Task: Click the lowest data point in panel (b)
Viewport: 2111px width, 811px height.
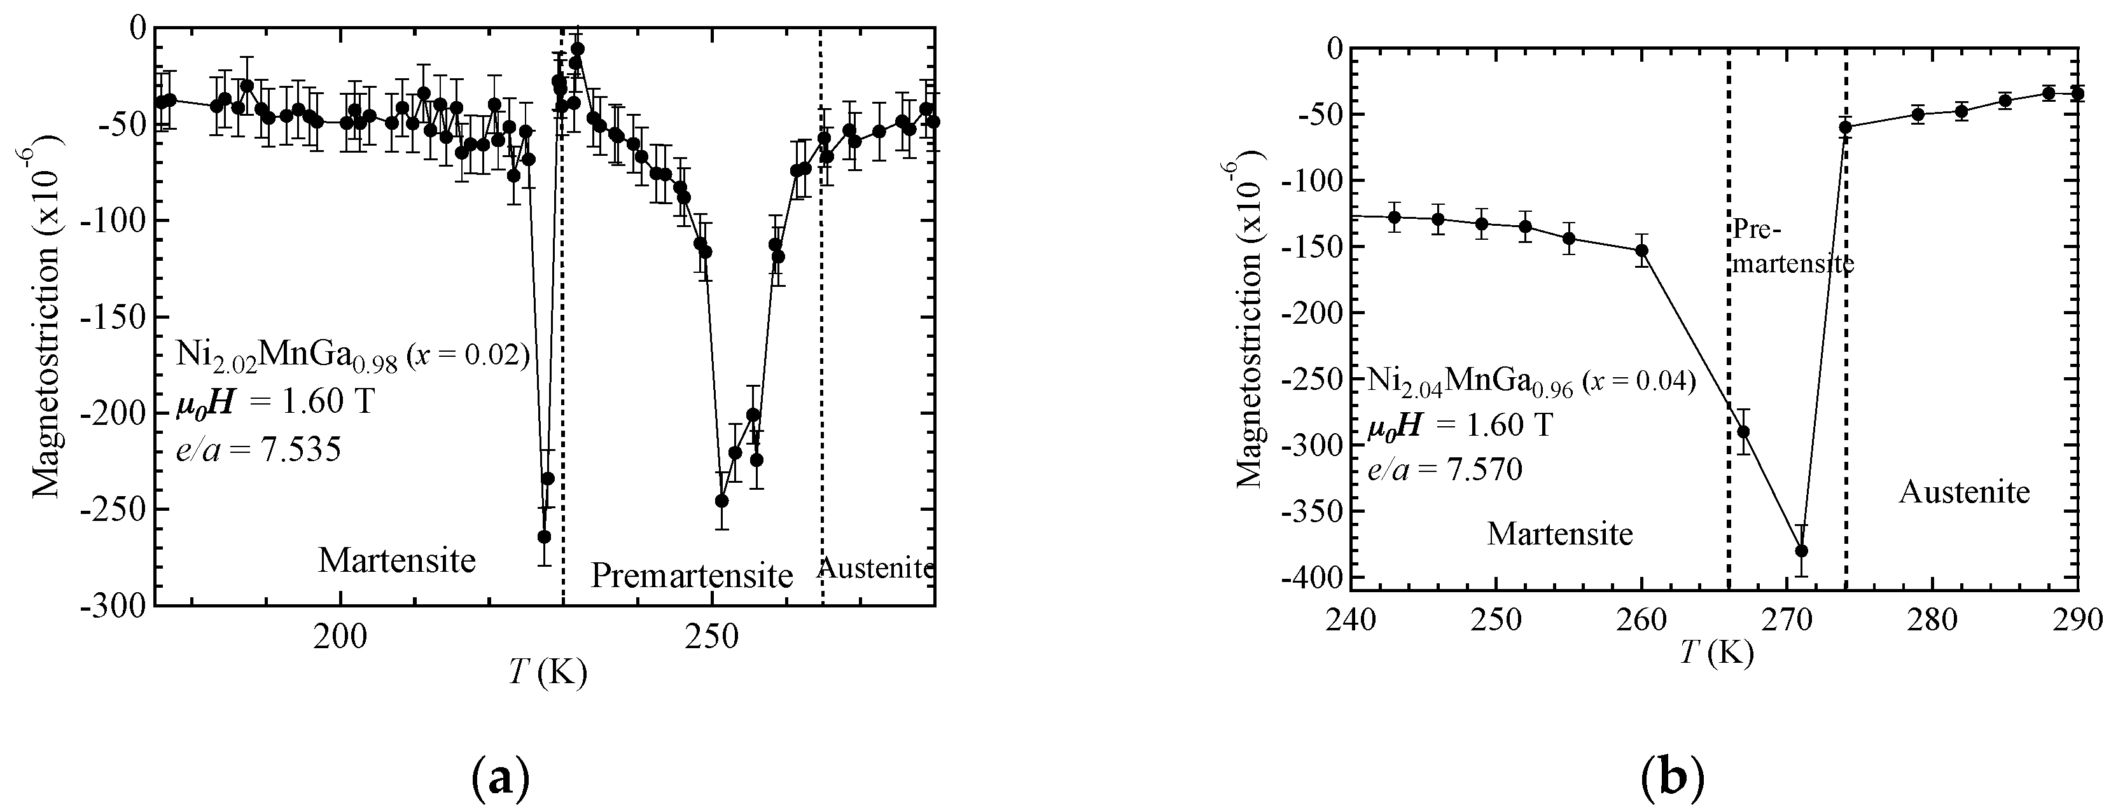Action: tap(1801, 550)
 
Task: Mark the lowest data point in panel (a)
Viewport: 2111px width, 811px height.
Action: tap(543, 537)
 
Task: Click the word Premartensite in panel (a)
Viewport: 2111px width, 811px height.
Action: tap(692, 576)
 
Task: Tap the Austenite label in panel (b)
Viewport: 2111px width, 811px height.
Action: tap(1964, 492)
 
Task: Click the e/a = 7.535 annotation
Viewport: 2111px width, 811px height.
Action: tap(259, 450)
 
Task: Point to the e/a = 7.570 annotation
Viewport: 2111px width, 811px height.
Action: tap(1444, 469)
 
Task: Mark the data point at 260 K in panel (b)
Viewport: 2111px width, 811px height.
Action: tap(1641, 250)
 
